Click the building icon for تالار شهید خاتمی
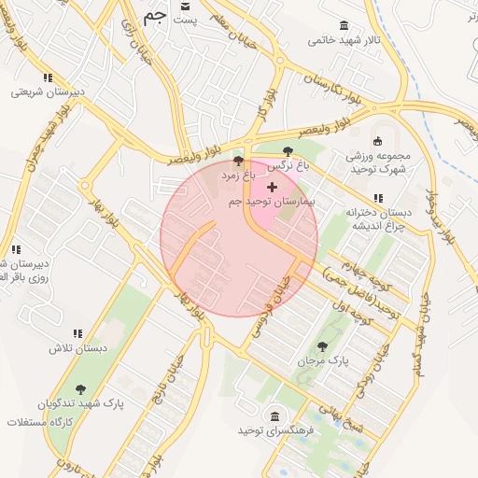(344, 25)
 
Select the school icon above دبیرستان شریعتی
(48, 77)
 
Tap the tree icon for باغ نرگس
(288, 150)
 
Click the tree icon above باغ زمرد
(238, 160)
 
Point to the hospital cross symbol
(272, 188)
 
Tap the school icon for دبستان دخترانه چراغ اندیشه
(377, 198)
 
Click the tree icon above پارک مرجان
(322, 346)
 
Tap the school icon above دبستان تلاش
(77, 333)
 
